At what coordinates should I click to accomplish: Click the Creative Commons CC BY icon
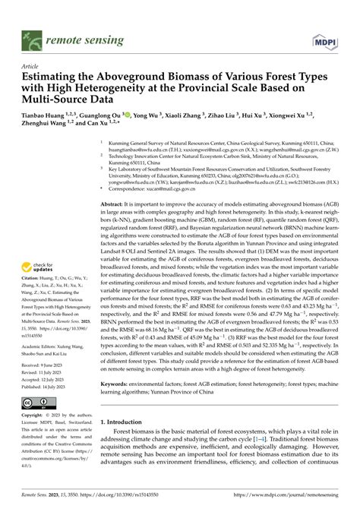click(x=33, y=402)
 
